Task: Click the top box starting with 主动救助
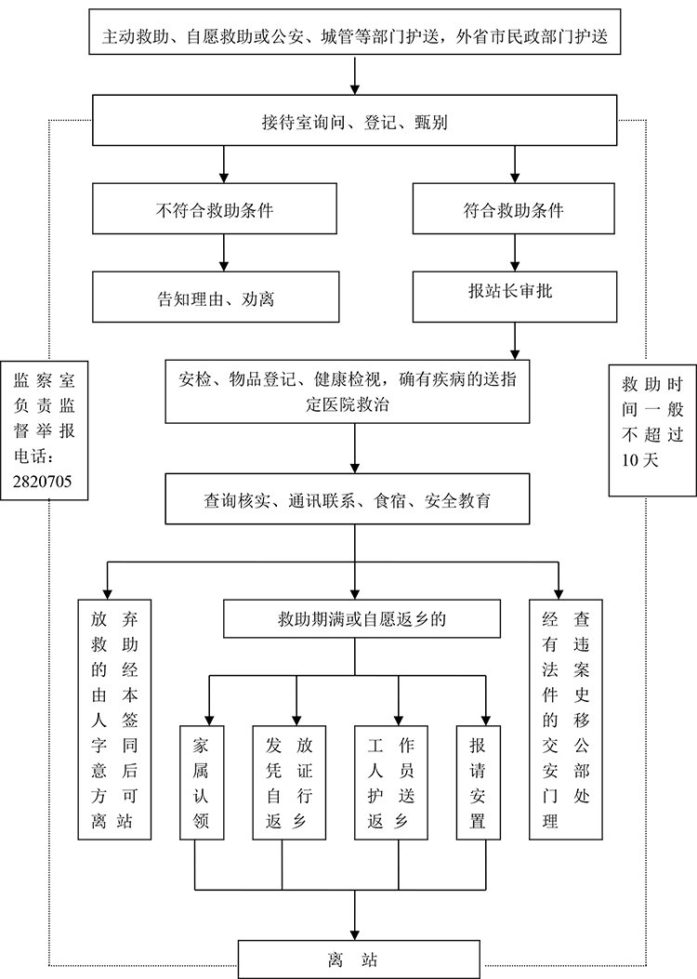coord(355,38)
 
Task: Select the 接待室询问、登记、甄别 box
coord(355,122)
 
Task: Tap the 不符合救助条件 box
coord(215,210)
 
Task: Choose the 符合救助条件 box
coord(514,210)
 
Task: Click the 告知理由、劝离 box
coord(215,298)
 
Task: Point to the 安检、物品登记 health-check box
coord(348,391)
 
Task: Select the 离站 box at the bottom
coord(358,959)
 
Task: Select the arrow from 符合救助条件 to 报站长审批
coord(514,254)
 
